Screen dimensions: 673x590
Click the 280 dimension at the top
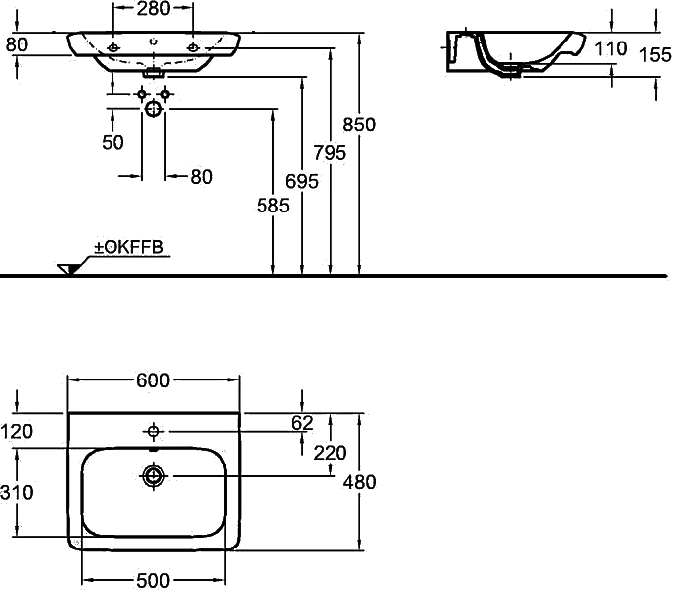[x=153, y=8]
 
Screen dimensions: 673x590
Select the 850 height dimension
[x=359, y=125]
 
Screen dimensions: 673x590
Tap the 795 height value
[x=330, y=153]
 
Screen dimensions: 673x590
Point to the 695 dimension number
[x=302, y=181]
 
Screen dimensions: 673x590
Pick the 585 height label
[x=273, y=206]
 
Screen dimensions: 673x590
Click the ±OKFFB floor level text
[x=128, y=247]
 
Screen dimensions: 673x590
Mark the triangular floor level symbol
[x=67, y=269]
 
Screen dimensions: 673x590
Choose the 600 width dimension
[x=153, y=380]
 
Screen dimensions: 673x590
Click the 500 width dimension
[x=153, y=581]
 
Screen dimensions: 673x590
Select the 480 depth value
[x=359, y=482]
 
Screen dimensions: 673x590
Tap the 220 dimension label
[x=330, y=453]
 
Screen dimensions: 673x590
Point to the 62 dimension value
[x=302, y=423]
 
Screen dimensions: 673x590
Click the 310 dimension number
[x=17, y=492]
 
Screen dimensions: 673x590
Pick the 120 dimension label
[x=17, y=432]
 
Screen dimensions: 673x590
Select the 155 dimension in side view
[x=655, y=55]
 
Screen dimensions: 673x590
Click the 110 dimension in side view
[x=610, y=48]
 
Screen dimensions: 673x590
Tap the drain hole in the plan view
[x=153, y=476]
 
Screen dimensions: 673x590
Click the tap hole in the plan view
[x=153, y=431]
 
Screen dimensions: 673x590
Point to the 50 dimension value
[x=112, y=142]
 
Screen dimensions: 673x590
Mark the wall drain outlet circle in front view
[x=153, y=109]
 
